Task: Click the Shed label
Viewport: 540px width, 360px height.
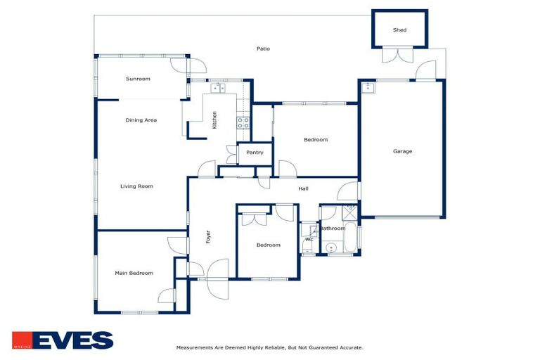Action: tap(399, 30)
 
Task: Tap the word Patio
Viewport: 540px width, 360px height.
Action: tap(263, 49)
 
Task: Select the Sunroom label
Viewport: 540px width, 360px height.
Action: tap(138, 79)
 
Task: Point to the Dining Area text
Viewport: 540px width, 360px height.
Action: tap(141, 120)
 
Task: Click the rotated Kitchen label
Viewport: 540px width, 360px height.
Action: tap(215, 120)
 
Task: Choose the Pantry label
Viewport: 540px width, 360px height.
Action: tap(255, 153)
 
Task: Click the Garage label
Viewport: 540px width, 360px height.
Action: tap(402, 151)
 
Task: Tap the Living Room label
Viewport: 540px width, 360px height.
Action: tap(136, 186)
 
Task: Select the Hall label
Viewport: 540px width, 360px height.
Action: tap(303, 188)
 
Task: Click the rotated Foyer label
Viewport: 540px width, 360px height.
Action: tap(208, 237)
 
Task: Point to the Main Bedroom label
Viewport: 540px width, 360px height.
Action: tap(134, 273)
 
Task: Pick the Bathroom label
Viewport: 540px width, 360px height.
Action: tap(333, 229)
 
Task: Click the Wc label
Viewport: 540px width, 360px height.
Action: tap(308, 240)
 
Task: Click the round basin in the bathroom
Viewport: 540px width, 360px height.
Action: tap(330, 247)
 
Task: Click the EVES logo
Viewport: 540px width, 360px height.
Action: tap(62, 341)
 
